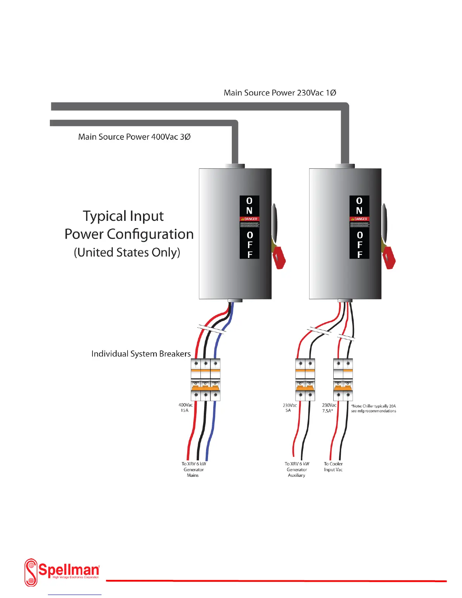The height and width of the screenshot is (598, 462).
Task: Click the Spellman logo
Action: pyautogui.click(x=62, y=572)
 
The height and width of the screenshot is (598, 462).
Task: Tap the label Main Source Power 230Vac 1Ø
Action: pyautogui.click(x=280, y=93)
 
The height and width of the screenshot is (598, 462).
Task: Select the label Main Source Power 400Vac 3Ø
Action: pyautogui.click(x=134, y=137)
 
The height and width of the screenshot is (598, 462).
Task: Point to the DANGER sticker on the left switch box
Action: pyautogui.click(x=249, y=219)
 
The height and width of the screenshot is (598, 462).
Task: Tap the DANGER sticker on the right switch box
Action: pyautogui.click(x=359, y=219)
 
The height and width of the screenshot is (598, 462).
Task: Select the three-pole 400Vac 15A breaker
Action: pyautogui.click(x=205, y=379)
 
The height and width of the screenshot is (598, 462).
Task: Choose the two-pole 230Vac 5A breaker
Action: pyautogui.click(x=305, y=379)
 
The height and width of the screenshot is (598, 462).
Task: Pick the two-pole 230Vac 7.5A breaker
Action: pyautogui.click(x=343, y=379)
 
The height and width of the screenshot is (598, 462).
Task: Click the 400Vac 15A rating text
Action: pyautogui.click(x=185, y=408)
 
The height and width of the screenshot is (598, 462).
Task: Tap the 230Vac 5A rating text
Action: pyautogui.click(x=290, y=408)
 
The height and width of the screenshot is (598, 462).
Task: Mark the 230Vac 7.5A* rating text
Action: pyautogui.click(x=329, y=408)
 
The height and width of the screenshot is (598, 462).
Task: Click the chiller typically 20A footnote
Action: pyautogui.click(x=373, y=408)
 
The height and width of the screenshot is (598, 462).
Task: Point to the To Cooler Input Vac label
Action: pyautogui.click(x=333, y=467)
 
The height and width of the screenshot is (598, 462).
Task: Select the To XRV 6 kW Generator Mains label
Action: pyautogui.click(x=194, y=469)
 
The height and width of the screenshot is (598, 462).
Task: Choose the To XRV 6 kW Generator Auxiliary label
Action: pyautogui.click(x=297, y=469)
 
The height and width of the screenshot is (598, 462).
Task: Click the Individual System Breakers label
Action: pyautogui.click(x=141, y=354)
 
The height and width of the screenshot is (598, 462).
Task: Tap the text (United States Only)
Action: pyautogui.click(x=127, y=252)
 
